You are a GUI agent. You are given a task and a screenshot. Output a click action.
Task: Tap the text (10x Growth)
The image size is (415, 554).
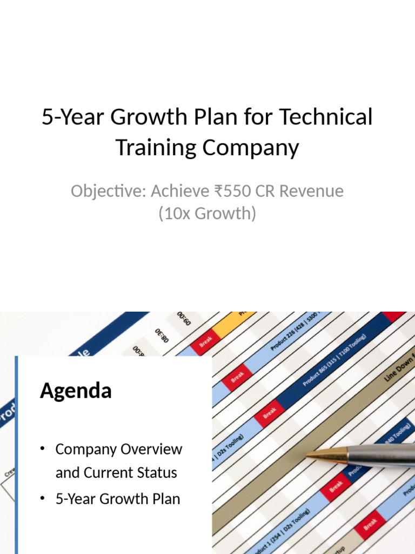coord(207,213)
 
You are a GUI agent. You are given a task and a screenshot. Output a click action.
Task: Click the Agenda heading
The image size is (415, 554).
coord(76,391)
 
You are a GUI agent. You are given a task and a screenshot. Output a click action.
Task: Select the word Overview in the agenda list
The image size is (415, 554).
coord(152,449)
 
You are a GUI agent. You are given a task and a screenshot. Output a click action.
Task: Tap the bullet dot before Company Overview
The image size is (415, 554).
coord(42,449)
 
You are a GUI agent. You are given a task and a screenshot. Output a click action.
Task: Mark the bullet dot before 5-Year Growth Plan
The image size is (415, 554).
coord(42,499)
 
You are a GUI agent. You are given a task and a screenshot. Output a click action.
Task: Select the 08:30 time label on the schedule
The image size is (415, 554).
coord(163,336)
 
